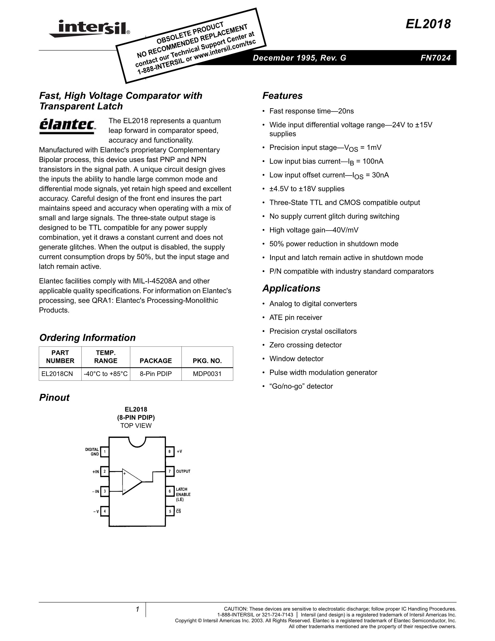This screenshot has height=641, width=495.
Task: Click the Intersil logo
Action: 89,28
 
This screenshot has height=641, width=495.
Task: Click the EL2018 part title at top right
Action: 428,24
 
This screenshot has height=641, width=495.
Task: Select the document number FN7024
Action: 435,58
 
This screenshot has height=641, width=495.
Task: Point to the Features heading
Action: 282,96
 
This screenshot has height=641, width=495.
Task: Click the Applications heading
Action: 291,288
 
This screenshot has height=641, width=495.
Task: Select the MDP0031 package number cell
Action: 207,374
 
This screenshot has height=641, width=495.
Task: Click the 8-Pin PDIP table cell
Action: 156,374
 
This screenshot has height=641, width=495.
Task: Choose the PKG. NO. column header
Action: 207,361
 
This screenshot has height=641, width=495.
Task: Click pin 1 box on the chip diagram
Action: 105,452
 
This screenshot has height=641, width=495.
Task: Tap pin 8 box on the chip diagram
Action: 170,451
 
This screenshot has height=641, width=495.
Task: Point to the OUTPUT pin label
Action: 183,471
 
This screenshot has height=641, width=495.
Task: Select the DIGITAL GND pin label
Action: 92,452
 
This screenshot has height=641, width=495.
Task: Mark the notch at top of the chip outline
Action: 137,441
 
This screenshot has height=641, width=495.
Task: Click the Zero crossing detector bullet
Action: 305,345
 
